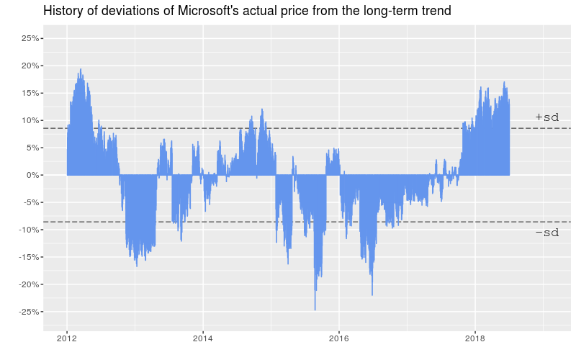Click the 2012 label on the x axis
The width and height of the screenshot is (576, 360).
pyautogui.click(x=67, y=338)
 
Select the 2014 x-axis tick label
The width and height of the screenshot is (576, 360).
pyautogui.click(x=203, y=338)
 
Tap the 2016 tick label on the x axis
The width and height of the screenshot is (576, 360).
pyautogui.click(x=339, y=338)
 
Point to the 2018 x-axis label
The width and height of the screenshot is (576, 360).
pyautogui.click(x=474, y=338)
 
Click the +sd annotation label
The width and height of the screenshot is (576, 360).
pyautogui.click(x=547, y=117)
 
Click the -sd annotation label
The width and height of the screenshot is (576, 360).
pyautogui.click(x=547, y=233)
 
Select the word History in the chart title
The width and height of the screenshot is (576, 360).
pyautogui.click(x=65, y=12)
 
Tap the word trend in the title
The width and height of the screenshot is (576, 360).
pyautogui.click(x=434, y=12)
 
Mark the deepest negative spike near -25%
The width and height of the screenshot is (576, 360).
pyautogui.click(x=315, y=310)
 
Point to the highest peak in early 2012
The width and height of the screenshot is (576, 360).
pyautogui.click(x=81, y=70)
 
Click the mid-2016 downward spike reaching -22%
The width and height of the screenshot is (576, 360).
pyautogui.click(x=372, y=294)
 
